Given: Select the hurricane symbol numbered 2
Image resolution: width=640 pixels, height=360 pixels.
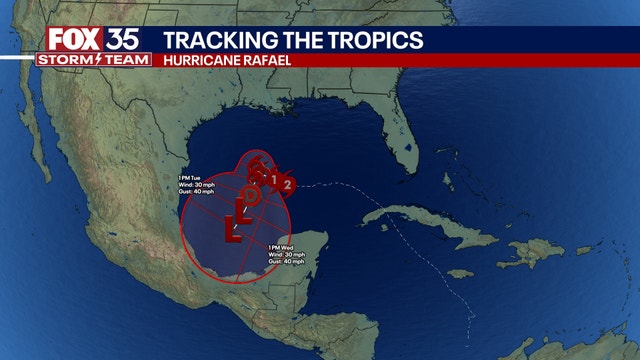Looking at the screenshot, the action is pyautogui.click(x=288, y=184).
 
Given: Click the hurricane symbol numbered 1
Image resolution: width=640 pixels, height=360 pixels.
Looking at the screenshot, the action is pyautogui.click(x=272, y=179).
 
